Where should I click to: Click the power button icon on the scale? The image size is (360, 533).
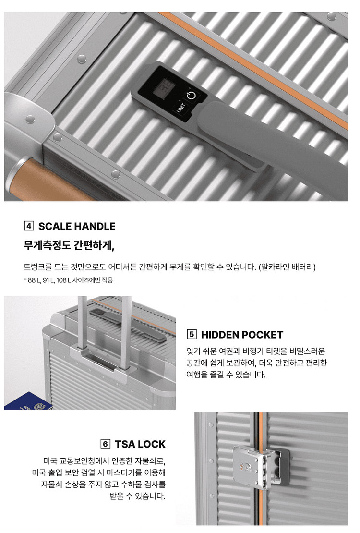pyautogui.click(x=192, y=95)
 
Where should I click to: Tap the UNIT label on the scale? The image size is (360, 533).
pyautogui.click(x=180, y=108)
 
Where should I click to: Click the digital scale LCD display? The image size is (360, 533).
pyautogui.click(x=163, y=88)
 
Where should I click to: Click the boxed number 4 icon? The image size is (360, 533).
pyautogui.click(x=29, y=226)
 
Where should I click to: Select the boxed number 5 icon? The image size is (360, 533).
pyautogui.click(x=192, y=334)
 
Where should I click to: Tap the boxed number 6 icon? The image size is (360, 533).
pyautogui.click(x=106, y=444)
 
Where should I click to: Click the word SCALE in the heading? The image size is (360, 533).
pyautogui.click(x=55, y=226)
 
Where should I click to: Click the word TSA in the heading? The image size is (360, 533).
pyautogui.click(x=125, y=444)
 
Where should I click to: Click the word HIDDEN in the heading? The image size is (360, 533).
pyautogui.click(x=219, y=335)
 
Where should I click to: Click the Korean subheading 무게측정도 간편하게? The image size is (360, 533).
pyautogui.click(x=69, y=245)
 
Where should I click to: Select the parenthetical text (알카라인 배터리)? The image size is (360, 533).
pyautogui.click(x=287, y=267)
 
